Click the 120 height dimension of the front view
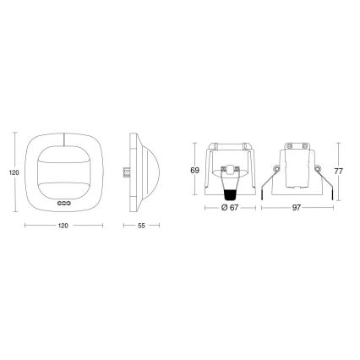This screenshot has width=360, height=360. pyautogui.click(x=12, y=172)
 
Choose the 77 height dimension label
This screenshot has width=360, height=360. pyautogui.click(x=348, y=170)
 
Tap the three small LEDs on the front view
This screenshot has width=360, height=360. pyautogui.click(x=63, y=203)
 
